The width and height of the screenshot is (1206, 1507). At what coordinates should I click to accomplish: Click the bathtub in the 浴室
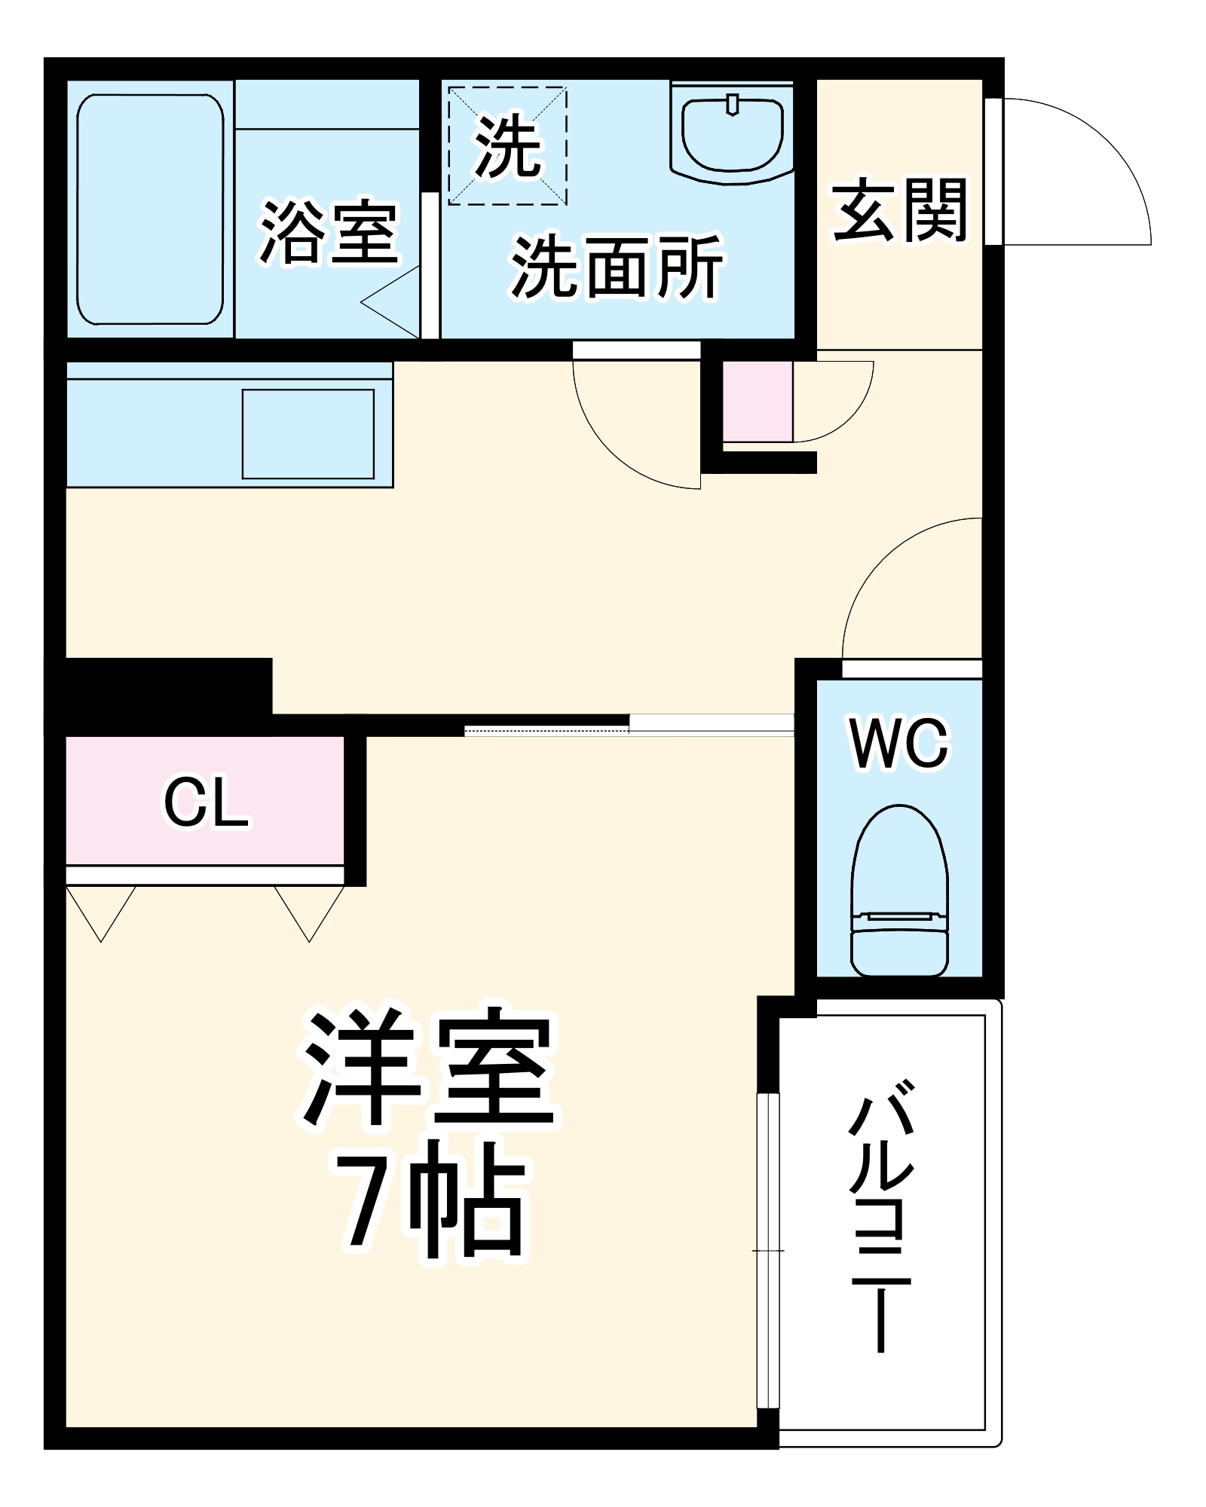click(x=150, y=209)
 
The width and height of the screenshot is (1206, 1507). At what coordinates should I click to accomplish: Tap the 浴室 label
click(x=329, y=233)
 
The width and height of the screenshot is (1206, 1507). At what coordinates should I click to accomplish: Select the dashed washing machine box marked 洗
click(x=507, y=146)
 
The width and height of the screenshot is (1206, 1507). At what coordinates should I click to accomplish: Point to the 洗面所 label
click(x=617, y=267)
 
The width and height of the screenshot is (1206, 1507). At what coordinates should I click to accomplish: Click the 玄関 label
click(x=899, y=210)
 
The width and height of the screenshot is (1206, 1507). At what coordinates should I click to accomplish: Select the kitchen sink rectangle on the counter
click(x=308, y=434)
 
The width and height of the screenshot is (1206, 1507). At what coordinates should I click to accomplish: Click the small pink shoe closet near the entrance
click(x=757, y=402)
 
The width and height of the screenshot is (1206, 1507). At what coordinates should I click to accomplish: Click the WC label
click(x=899, y=744)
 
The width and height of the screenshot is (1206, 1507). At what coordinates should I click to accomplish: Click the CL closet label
click(x=205, y=802)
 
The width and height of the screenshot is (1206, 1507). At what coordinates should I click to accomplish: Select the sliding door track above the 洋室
click(x=629, y=725)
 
